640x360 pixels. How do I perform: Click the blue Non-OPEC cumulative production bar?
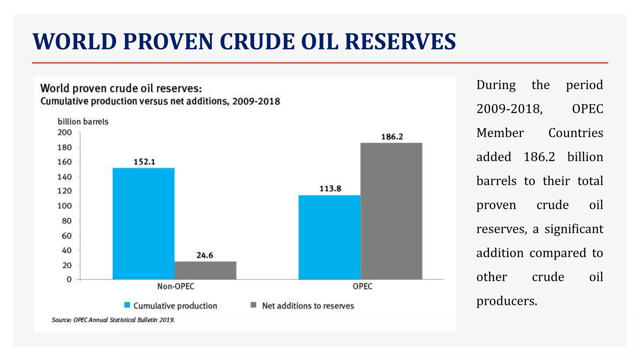(143, 223)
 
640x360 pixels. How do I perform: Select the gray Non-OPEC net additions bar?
(205, 270)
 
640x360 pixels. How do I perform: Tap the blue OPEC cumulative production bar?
(329, 237)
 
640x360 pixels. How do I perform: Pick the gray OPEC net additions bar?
(391, 211)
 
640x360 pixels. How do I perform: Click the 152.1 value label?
(144, 162)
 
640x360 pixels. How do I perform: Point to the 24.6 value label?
(205, 255)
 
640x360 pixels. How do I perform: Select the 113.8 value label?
(330, 188)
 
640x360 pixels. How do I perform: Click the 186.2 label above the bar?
(392, 137)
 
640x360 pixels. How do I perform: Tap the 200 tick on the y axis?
(64, 132)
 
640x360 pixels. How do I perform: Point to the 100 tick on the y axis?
(64, 206)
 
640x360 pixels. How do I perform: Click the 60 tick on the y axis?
(67, 236)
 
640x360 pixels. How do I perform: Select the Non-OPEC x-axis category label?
(176, 286)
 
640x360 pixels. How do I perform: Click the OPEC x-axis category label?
(362, 286)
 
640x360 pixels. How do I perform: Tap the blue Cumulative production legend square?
(127, 305)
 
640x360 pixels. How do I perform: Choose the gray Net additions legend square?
(253, 305)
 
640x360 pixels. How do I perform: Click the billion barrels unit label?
(83, 122)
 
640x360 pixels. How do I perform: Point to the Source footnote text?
(113, 320)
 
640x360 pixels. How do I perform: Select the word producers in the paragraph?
(506, 301)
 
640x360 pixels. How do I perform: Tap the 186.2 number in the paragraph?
(539, 157)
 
